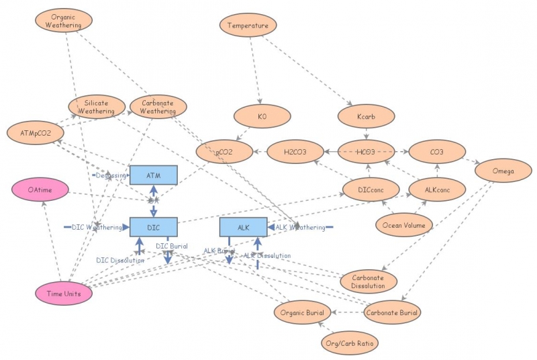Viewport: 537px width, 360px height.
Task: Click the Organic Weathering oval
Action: (63, 21)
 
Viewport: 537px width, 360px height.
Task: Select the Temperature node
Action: (248, 26)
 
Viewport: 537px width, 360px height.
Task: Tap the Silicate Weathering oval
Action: (97, 106)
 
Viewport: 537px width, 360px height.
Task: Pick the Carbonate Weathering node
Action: (158, 107)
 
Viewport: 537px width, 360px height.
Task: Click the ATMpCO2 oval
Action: (34, 132)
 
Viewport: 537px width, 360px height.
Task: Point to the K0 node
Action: (262, 116)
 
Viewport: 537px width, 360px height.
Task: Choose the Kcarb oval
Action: (366, 116)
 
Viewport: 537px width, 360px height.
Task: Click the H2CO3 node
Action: (295, 152)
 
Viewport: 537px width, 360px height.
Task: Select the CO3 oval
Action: (436, 152)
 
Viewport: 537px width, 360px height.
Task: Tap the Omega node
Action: (503, 171)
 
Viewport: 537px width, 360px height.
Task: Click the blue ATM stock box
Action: (153, 175)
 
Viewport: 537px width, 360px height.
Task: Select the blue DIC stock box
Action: (153, 227)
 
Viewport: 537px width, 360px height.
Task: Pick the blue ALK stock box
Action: (243, 227)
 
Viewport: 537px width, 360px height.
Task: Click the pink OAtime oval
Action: (40, 190)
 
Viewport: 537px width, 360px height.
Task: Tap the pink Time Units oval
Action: (63, 293)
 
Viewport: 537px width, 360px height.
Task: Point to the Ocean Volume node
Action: (403, 225)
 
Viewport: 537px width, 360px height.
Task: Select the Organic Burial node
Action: (302, 312)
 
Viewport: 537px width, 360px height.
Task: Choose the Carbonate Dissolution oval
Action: (369, 282)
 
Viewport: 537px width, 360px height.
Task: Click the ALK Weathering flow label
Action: (300, 228)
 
